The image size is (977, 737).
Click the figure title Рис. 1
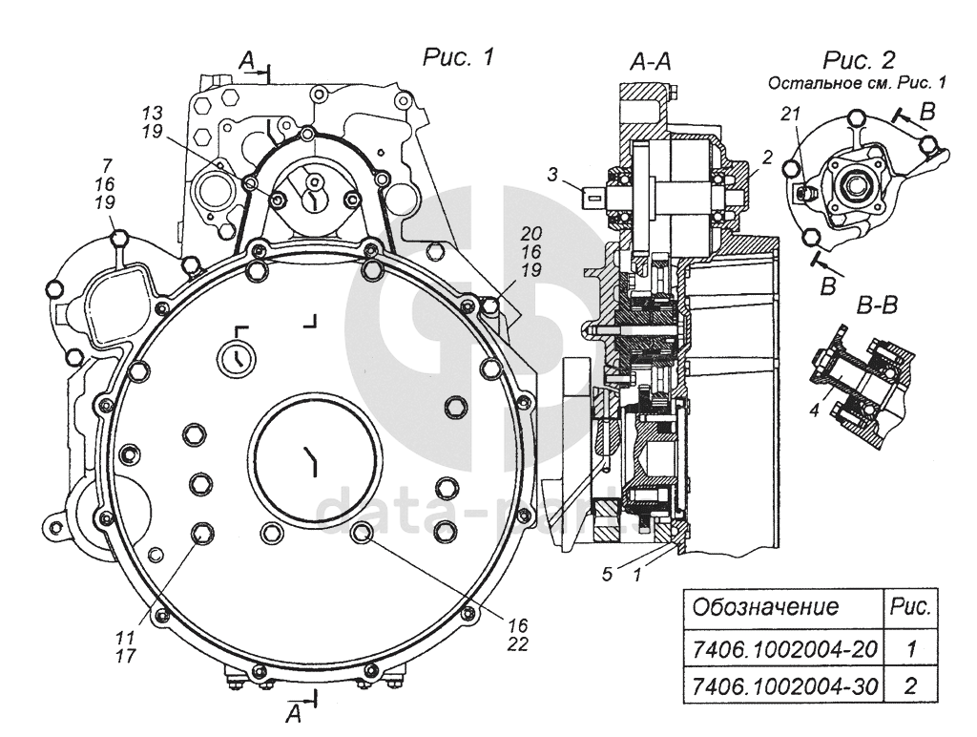pyautogui.click(x=458, y=58)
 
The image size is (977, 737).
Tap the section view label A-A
pyautogui.click(x=651, y=63)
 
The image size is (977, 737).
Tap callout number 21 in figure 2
pyautogui.click(x=789, y=114)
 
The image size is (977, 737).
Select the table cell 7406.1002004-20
pyautogui.click(x=782, y=649)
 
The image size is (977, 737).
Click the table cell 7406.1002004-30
pyautogui.click(x=782, y=685)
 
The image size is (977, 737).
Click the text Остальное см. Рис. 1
pyautogui.click(x=857, y=83)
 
